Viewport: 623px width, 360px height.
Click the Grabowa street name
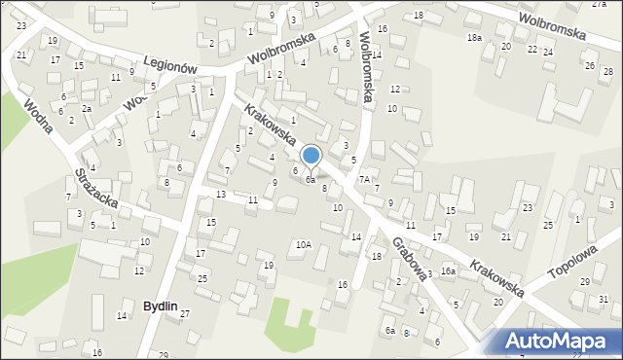click(410, 256)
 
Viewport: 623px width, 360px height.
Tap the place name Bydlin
click(161, 306)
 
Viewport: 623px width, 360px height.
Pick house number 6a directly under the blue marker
click(310, 180)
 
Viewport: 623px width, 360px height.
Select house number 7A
click(363, 180)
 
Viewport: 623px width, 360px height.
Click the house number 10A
click(303, 244)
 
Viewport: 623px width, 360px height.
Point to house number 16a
click(448, 270)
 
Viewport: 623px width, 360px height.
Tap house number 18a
click(474, 37)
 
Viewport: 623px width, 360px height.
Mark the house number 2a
click(87, 108)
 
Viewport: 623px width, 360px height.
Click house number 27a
click(598, 5)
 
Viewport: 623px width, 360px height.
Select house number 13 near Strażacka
click(221, 195)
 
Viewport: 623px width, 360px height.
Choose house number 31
click(605, 299)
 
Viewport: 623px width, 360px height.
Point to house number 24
click(548, 52)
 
